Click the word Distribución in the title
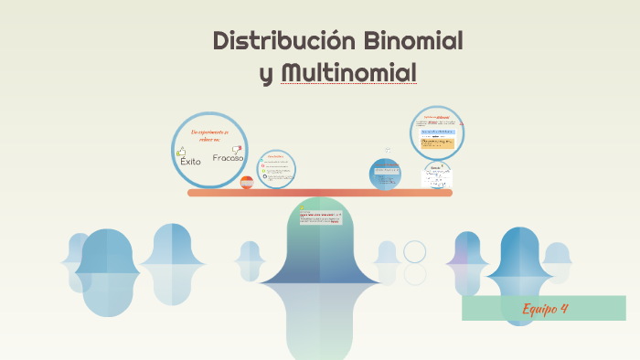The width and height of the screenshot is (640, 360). [x=283, y=41]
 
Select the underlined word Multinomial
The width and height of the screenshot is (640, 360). [x=349, y=72]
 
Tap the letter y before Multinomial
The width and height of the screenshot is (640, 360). [x=266, y=74]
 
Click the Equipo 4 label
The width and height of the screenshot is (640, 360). [x=546, y=308]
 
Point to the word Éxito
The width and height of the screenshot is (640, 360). [x=190, y=162]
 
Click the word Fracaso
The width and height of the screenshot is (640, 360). [x=228, y=158]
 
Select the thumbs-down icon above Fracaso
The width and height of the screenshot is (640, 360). [x=236, y=148]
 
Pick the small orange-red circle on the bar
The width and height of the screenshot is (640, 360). [x=247, y=182]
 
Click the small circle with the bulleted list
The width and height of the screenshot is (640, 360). [x=276, y=168]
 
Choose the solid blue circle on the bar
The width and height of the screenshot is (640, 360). [x=385, y=173]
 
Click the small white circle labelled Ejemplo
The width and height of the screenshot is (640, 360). [x=436, y=174]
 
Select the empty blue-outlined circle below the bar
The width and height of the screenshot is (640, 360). [x=415, y=251]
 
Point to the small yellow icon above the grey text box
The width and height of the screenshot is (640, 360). [x=301, y=208]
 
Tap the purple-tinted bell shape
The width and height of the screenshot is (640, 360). [x=466, y=259]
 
